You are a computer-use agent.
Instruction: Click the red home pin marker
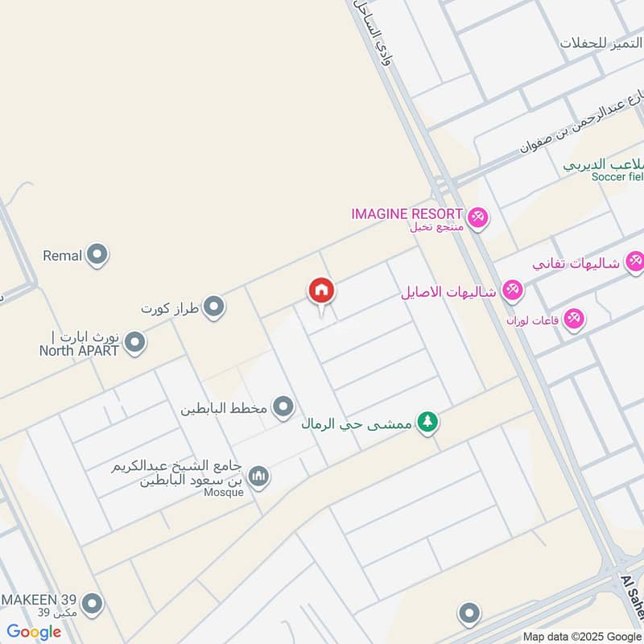coord(321,291)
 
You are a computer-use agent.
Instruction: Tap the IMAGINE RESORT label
coord(407,214)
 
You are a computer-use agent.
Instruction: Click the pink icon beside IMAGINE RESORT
coord(478,217)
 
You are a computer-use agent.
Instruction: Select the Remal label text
coord(63,256)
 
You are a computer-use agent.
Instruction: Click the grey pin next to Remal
coord(98,256)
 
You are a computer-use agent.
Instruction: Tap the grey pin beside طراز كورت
coord(213,307)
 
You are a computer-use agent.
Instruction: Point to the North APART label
coord(79,350)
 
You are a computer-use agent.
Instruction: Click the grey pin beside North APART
coord(135,344)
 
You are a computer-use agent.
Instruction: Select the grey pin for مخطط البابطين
coord(283,407)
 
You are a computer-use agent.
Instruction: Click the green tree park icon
coord(428,422)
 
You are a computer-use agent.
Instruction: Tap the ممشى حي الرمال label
coord(357,423)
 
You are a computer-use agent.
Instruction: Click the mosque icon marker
coord(258,477)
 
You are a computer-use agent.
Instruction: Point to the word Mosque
coord(223,493)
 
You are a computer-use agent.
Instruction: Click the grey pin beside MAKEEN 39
coord(93,602)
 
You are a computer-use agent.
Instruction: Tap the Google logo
coord(34,632)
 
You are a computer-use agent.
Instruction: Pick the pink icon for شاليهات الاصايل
coord(512,290)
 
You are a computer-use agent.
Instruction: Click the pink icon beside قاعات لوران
coord(573,319)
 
